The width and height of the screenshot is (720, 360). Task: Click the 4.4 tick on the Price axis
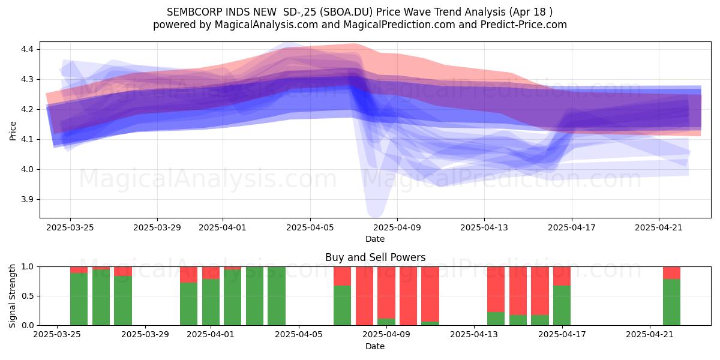[28, 49]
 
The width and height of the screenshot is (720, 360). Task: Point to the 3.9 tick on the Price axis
[28, 200]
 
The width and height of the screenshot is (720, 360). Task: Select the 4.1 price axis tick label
[28, 139]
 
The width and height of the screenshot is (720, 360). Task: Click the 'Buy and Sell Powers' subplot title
[375, 257]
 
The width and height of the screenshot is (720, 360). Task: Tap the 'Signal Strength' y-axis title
[12, 296]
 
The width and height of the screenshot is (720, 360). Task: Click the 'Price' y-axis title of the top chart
[13, 131]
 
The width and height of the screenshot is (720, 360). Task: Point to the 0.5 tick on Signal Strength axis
[28, 296]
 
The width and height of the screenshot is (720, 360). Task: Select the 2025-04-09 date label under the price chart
[397, 228]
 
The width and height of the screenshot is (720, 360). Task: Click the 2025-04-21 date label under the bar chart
[650, 335]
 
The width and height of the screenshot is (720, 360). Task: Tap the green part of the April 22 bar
[672, 302]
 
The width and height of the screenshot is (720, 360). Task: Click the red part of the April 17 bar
[562, 276]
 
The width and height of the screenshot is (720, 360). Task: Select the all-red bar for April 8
[365, 296]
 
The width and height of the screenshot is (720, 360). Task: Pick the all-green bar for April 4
[277, 296]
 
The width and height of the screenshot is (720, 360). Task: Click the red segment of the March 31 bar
[188, 275]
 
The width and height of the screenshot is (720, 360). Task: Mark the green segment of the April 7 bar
[343, 305]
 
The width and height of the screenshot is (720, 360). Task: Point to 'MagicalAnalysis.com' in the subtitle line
[266, 25]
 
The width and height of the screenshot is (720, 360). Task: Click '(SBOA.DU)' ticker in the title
[347, 12]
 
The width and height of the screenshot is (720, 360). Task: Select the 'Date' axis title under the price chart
[375, 239]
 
